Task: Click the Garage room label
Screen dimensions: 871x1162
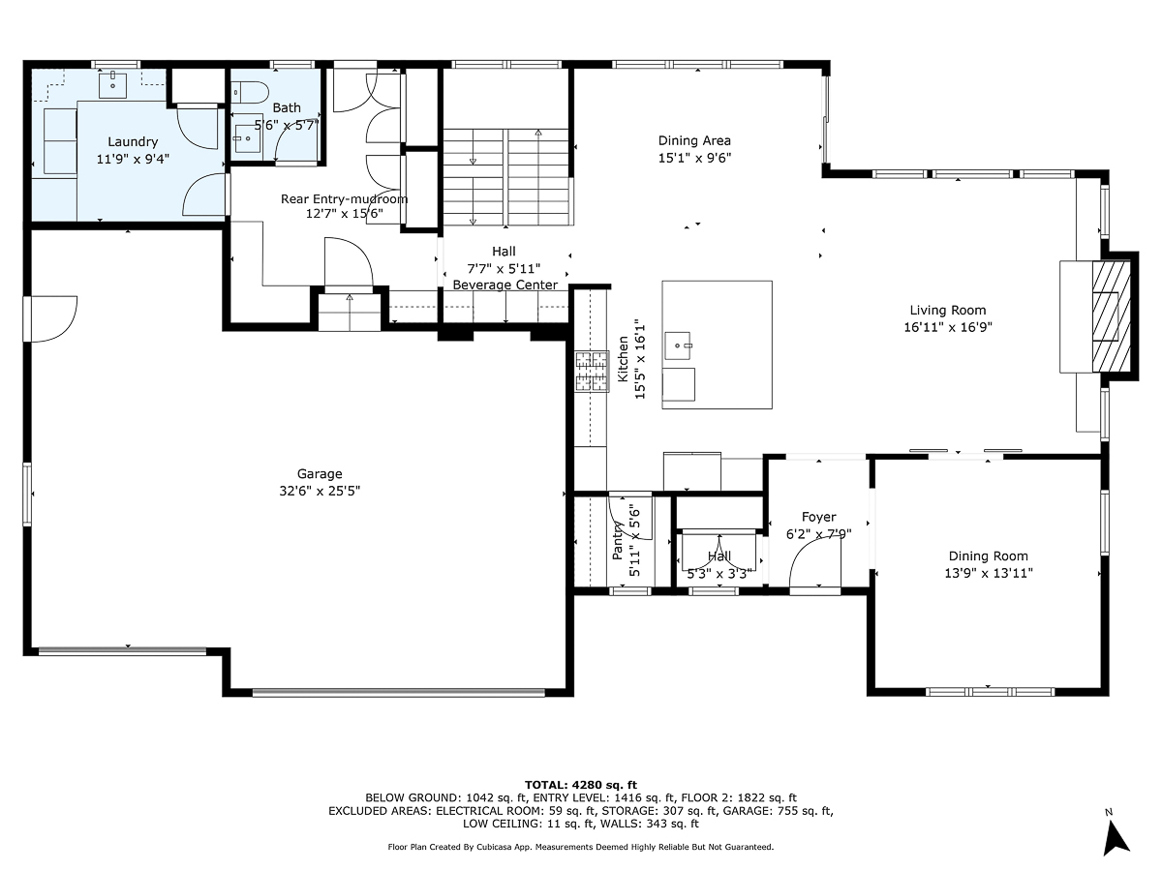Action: pos(320,473)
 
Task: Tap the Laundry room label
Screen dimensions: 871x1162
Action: pos(133,142)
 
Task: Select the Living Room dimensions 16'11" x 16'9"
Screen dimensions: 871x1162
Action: pos(948,327)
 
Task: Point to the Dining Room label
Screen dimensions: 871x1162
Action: pos(988,556)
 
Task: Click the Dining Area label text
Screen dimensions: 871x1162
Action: pos(694,140)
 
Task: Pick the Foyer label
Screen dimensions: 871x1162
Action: pos(818,517)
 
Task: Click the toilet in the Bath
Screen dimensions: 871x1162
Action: pos(251,92)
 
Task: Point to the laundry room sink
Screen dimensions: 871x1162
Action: pos(114,83)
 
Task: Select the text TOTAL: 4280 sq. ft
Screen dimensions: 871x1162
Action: pos(581,784)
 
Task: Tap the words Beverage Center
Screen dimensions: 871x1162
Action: pos(505,285)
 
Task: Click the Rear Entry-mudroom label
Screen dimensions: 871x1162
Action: pos(344,199)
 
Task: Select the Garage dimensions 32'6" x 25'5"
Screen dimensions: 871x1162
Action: pos(320,490)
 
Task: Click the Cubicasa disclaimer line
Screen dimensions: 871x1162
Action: pos(580,847)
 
